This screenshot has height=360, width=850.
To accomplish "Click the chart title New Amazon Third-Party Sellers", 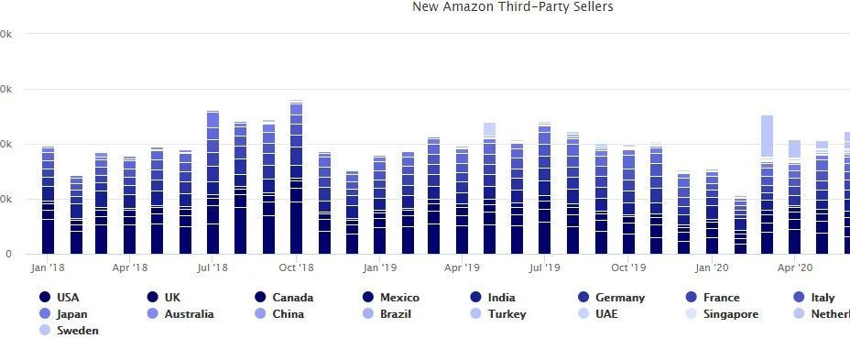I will point(512,7).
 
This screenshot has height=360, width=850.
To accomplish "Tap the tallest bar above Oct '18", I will point(296,178).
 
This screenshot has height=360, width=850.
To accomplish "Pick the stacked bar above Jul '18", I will point(213,182).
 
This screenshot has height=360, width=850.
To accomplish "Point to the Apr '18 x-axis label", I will point(130,268).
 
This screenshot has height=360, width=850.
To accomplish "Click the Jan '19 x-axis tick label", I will point(379,268).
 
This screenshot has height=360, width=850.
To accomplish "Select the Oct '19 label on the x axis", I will point(627,268).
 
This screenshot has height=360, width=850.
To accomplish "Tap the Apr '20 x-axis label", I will point(794,268).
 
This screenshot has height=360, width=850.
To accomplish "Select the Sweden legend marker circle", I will point(44,331).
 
